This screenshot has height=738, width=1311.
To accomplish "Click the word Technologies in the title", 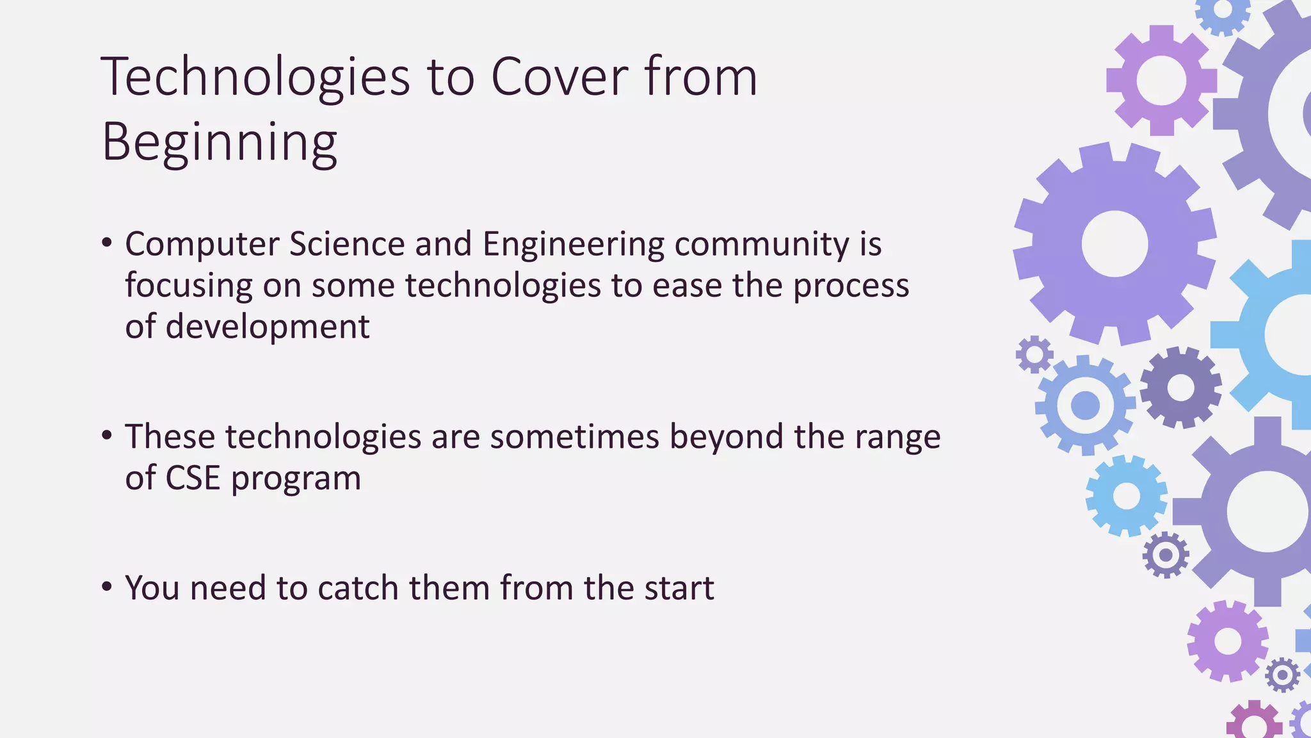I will (x=255, y=78).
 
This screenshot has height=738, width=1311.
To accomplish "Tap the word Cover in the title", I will (x=559, y=78).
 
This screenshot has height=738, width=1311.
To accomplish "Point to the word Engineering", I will (x=573, y=245).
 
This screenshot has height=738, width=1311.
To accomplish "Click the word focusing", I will (x=188, y=286).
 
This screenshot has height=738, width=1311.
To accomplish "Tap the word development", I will (x=268, y=327).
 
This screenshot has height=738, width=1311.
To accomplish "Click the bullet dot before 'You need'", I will (x=107, y=586).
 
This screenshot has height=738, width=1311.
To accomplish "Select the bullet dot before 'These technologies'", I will (x=107, y=436).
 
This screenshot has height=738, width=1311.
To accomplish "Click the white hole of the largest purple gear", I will (x=1114, y=244).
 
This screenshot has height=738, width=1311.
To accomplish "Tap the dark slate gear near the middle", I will (x=1180, y=388).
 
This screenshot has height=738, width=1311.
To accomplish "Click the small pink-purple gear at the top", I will (x=1161, y=81).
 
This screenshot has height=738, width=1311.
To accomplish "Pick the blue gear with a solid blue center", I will (x=1085, y=406).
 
